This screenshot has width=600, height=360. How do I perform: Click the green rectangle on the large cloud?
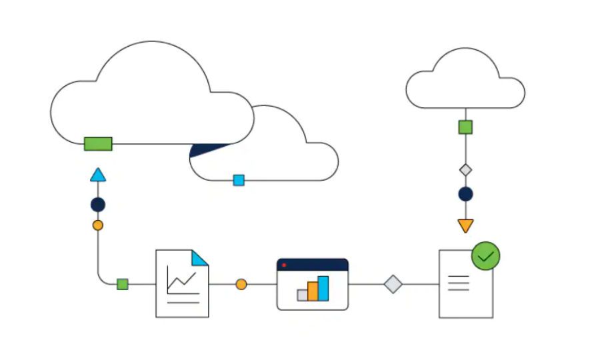(x=98, y=143)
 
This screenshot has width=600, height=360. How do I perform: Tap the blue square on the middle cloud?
(x=239, y=180)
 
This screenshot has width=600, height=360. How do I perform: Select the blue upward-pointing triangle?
(x=98, y=175)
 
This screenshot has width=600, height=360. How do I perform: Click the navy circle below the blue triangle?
(x=98, y=205)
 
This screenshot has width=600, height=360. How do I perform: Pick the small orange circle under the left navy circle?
(x=98, y=225)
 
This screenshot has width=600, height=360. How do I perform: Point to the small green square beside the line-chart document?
(x=122, y=284)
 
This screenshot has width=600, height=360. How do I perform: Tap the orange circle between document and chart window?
(x=241, y=285)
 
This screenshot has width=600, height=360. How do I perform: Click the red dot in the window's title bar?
(x=284, y=265)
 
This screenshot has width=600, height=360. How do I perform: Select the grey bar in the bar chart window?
(x=302, y=295)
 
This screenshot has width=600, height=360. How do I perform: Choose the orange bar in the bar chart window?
(x=313, y=291)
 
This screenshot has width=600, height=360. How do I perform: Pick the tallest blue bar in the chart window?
(x=323, y=288)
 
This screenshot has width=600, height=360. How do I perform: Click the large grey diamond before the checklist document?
(x=393, y=284)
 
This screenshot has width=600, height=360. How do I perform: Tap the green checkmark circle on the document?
(x=486, y=255)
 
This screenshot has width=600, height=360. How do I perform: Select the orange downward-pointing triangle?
(x=465, y=225)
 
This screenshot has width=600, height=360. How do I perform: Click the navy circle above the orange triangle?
(x=465, y=194)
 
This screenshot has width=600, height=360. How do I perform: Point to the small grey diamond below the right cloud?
(x=465, y=170)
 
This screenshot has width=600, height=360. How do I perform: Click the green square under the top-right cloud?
(x=465, y=127)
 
